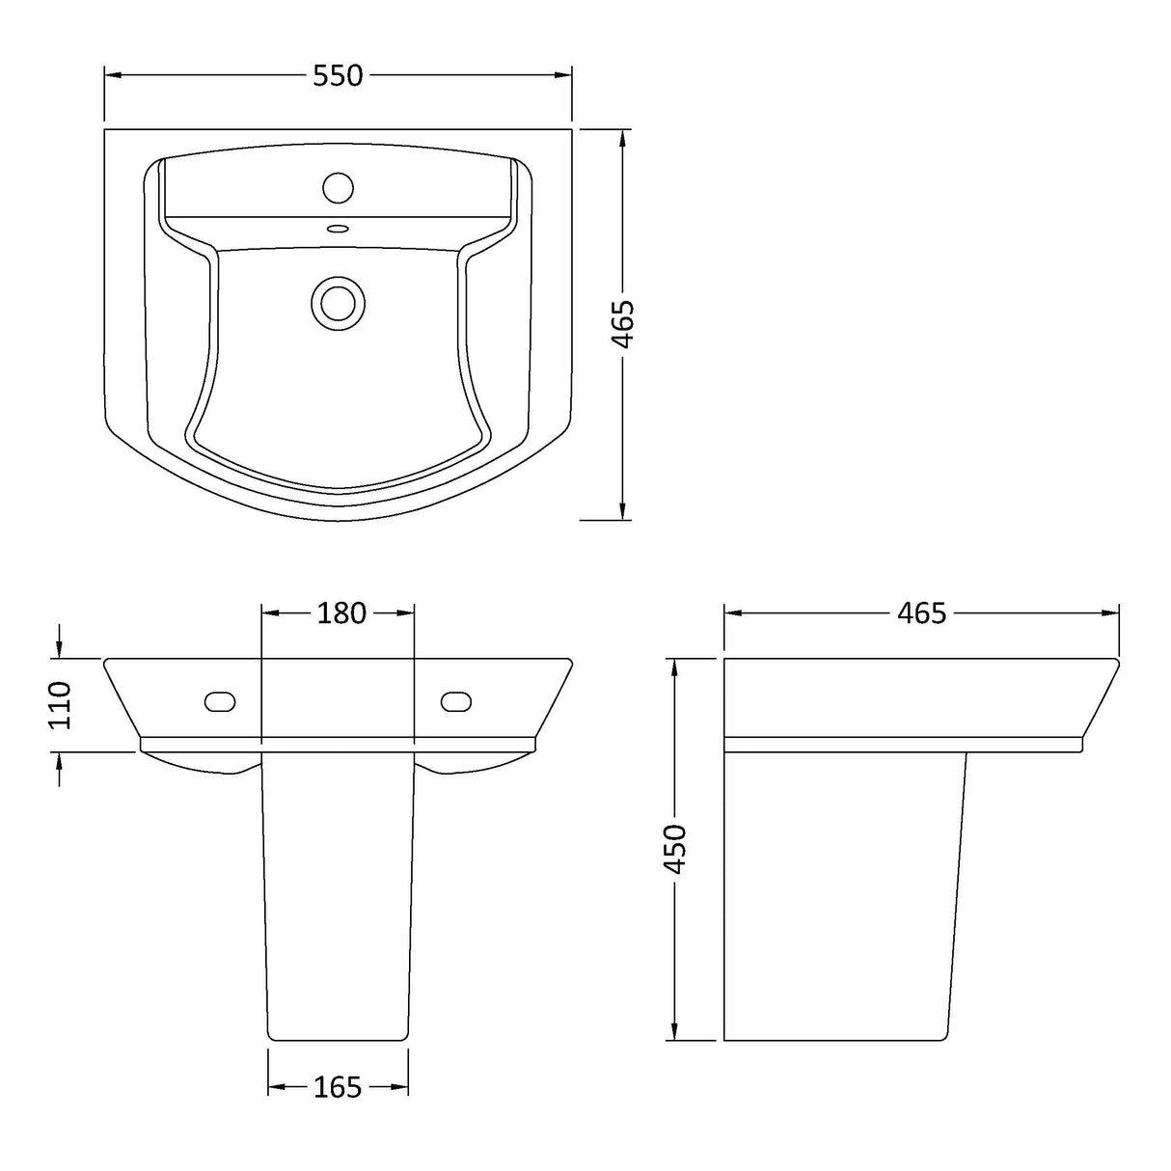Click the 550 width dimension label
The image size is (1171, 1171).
338,75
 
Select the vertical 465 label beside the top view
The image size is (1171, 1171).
624,324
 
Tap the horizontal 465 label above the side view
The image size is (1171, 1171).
921,613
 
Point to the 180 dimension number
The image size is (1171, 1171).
341,613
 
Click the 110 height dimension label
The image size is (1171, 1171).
60,704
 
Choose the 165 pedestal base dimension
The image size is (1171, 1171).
338,1088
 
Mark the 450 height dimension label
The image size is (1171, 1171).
675,849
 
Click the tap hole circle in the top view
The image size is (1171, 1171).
338,186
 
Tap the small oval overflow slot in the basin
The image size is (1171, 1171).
338,230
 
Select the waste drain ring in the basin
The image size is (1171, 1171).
338,302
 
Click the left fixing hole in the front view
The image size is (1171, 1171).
221,701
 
